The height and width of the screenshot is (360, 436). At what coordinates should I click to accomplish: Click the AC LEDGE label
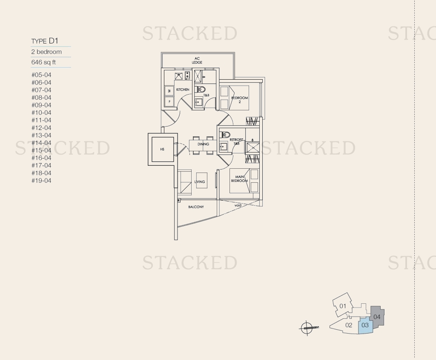[197, 60]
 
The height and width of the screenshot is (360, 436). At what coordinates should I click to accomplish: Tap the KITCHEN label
[183, 89]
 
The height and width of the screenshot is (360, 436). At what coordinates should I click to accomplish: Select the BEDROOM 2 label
[239, 100]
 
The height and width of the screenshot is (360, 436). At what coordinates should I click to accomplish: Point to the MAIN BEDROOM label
[239, 179]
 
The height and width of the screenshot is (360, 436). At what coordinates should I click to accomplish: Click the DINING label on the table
[203, 144]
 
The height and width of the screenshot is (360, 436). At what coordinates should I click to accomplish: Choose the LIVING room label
[199, 181]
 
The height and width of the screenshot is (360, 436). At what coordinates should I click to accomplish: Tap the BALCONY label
[196, 207]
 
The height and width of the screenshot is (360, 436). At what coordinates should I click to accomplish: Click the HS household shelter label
[162, 150]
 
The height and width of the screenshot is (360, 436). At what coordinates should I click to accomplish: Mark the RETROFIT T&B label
[236, 141]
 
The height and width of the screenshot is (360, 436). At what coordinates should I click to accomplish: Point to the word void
[238, 206]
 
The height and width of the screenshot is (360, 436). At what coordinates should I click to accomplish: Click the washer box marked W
[169, 91]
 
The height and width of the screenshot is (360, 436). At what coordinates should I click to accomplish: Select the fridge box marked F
[169, 101]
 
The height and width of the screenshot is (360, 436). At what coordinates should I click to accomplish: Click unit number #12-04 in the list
[41, 128]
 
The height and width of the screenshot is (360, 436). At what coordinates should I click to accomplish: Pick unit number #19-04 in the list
[41, 181]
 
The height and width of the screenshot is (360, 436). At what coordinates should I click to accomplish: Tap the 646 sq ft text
[43, 62]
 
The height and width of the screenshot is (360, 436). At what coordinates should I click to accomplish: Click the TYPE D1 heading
[44, 41]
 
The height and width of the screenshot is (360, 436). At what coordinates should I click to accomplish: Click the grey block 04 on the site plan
[377, 317]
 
